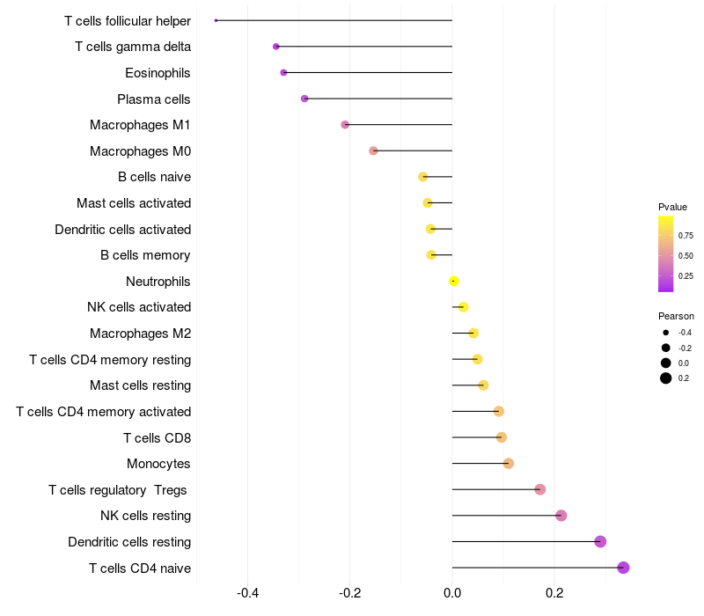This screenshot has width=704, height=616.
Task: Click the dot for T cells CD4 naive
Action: tap(623, 568)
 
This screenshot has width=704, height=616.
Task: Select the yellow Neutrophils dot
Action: tap(453, 281)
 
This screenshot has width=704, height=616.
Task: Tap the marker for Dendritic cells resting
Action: tap(600, 541)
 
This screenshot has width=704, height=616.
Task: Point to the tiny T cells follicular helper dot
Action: tap(216, 20)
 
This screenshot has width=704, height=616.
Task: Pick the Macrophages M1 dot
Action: tap(345, 125)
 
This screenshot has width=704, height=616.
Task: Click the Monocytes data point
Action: tap(508, 464)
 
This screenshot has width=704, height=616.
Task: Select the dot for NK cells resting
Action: tap(561, 516)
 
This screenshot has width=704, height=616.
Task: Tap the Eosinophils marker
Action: tap(283, 72)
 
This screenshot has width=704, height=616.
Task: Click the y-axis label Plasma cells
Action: tap(154, 99)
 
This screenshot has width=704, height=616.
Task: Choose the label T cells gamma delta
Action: tap(133, 47)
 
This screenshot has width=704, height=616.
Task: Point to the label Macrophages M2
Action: tap(140, 334)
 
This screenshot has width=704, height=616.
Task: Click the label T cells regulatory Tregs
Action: tap(120, 490)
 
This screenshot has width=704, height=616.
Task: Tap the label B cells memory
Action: tap(145, 255)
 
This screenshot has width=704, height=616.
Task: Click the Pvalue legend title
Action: tap(672, 207)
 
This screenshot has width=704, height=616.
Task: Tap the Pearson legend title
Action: tap(676, 316)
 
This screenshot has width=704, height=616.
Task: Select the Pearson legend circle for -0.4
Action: tap(666, 333)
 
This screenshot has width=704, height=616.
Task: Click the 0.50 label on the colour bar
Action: tap(685, 255)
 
